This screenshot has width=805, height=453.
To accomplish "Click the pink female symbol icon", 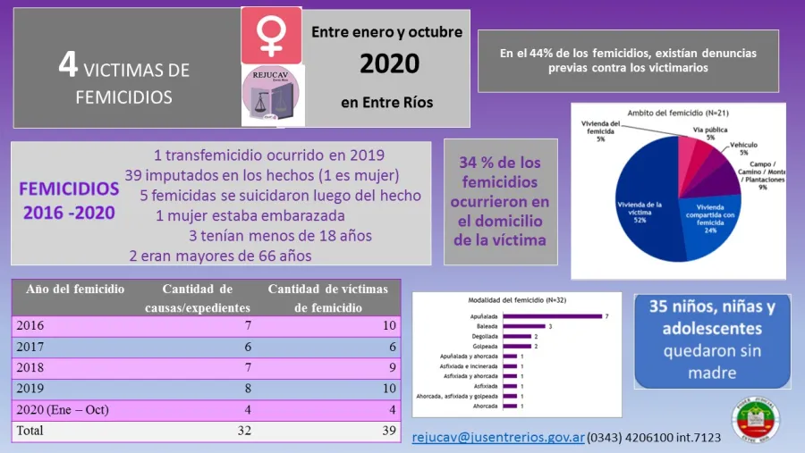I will pyautogui.click(x=271, y=35).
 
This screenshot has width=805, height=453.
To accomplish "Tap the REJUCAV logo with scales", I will pyautogui.click(x=271, y=95).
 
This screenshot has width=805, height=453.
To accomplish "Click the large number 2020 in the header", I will pyautogui.click(x=388, y=63).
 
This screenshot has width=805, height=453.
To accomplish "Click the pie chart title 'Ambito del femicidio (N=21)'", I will pyautogui.click(x=674, y=113).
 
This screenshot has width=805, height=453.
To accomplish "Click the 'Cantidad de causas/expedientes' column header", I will pyautogui.click(x=198, y=298).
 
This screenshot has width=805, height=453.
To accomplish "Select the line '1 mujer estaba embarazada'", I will pyautogui.click(x=250, y=215).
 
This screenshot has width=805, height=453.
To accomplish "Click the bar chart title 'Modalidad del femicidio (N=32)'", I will pyautogui.click(x=516, y=299).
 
